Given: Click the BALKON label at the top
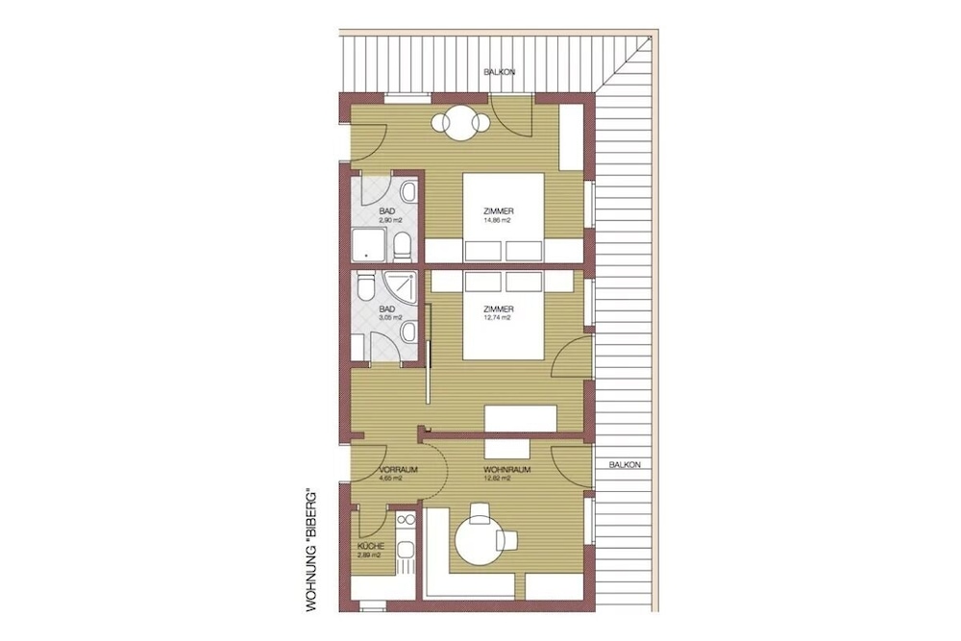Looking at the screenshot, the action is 500,72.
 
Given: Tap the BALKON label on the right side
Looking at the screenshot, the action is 625,464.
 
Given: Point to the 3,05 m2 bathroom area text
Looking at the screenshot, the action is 390,317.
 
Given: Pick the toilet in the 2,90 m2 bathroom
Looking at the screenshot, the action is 403,247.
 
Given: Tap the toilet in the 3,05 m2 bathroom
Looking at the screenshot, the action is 364,287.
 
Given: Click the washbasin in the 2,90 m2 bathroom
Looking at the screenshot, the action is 407,192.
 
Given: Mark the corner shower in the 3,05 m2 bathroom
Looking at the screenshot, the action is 402,285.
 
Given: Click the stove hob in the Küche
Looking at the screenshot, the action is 405,520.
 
